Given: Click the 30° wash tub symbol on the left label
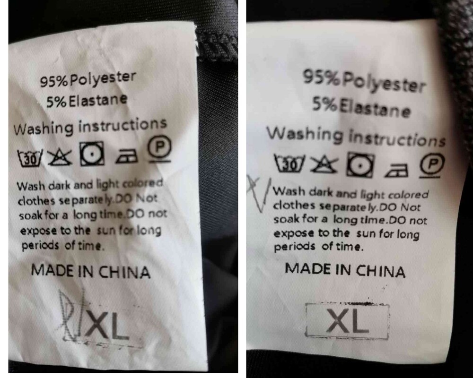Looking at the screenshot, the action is click(30, 158).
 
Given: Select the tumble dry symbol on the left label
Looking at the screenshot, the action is click(92, 154).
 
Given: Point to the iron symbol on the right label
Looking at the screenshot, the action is click(396, 170).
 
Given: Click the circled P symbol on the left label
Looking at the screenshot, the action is click(159, 149).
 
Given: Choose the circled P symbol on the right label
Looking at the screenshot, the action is click(433, 165).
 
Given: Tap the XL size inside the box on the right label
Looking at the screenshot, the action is click(348, 321).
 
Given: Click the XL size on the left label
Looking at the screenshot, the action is click(107, 326).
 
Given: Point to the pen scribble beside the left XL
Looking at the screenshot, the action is click(70, 315).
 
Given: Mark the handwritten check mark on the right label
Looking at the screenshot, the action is click(258, 193).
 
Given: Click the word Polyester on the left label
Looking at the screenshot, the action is click(103, 79).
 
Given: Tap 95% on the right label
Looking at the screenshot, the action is click(323, 77).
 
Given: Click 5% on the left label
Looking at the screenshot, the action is click(56, 102).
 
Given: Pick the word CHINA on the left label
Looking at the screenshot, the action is click(124, 272).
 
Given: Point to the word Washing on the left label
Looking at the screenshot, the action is click(44, 128).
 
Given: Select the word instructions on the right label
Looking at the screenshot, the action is click(397, 138).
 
